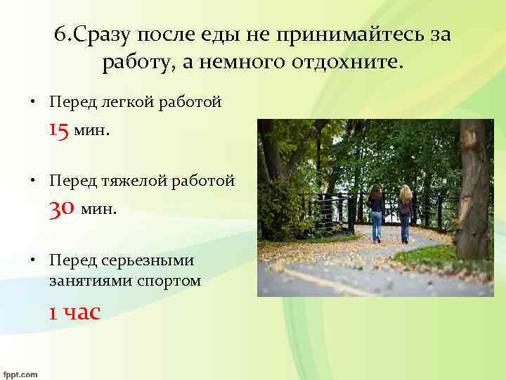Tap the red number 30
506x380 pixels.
click(x=62, y=208)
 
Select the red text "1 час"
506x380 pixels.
click(x=74, y=312)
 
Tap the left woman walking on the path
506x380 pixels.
click(x=376, y=211)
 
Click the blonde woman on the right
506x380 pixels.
click(x=406, y=213)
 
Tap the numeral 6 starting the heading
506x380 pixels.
click(x=59, y=36)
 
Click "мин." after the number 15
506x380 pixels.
click(x=91, y=132)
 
